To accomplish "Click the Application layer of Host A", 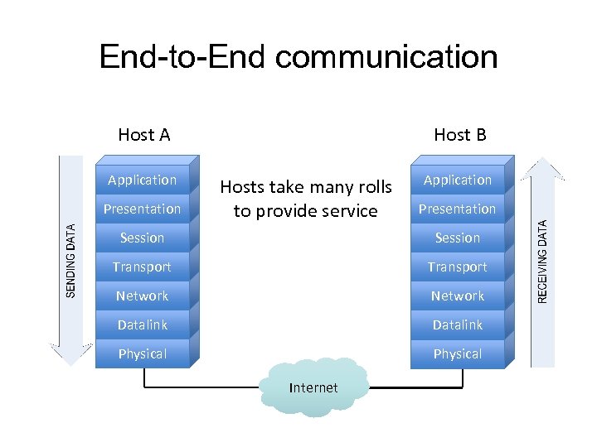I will point(143,180).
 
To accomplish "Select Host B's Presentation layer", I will point(457,209).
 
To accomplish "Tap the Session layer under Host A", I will point(143,238).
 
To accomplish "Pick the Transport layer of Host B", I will point(457,267).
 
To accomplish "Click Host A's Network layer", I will point(143,296).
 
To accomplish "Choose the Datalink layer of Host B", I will point(457,324).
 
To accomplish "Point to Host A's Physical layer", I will point(143,353).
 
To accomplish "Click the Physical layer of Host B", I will point(457,353).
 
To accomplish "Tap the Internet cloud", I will point(313,387).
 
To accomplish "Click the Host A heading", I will point(144,134).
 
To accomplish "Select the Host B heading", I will point(460,134).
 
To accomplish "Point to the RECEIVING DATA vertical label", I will point(543,260).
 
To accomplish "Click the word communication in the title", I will point(386,57).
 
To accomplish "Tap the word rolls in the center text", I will point(372,187).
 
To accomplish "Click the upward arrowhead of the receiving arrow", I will point(543,169).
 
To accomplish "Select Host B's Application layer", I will point(457,180).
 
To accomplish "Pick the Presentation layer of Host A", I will point(143,209).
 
